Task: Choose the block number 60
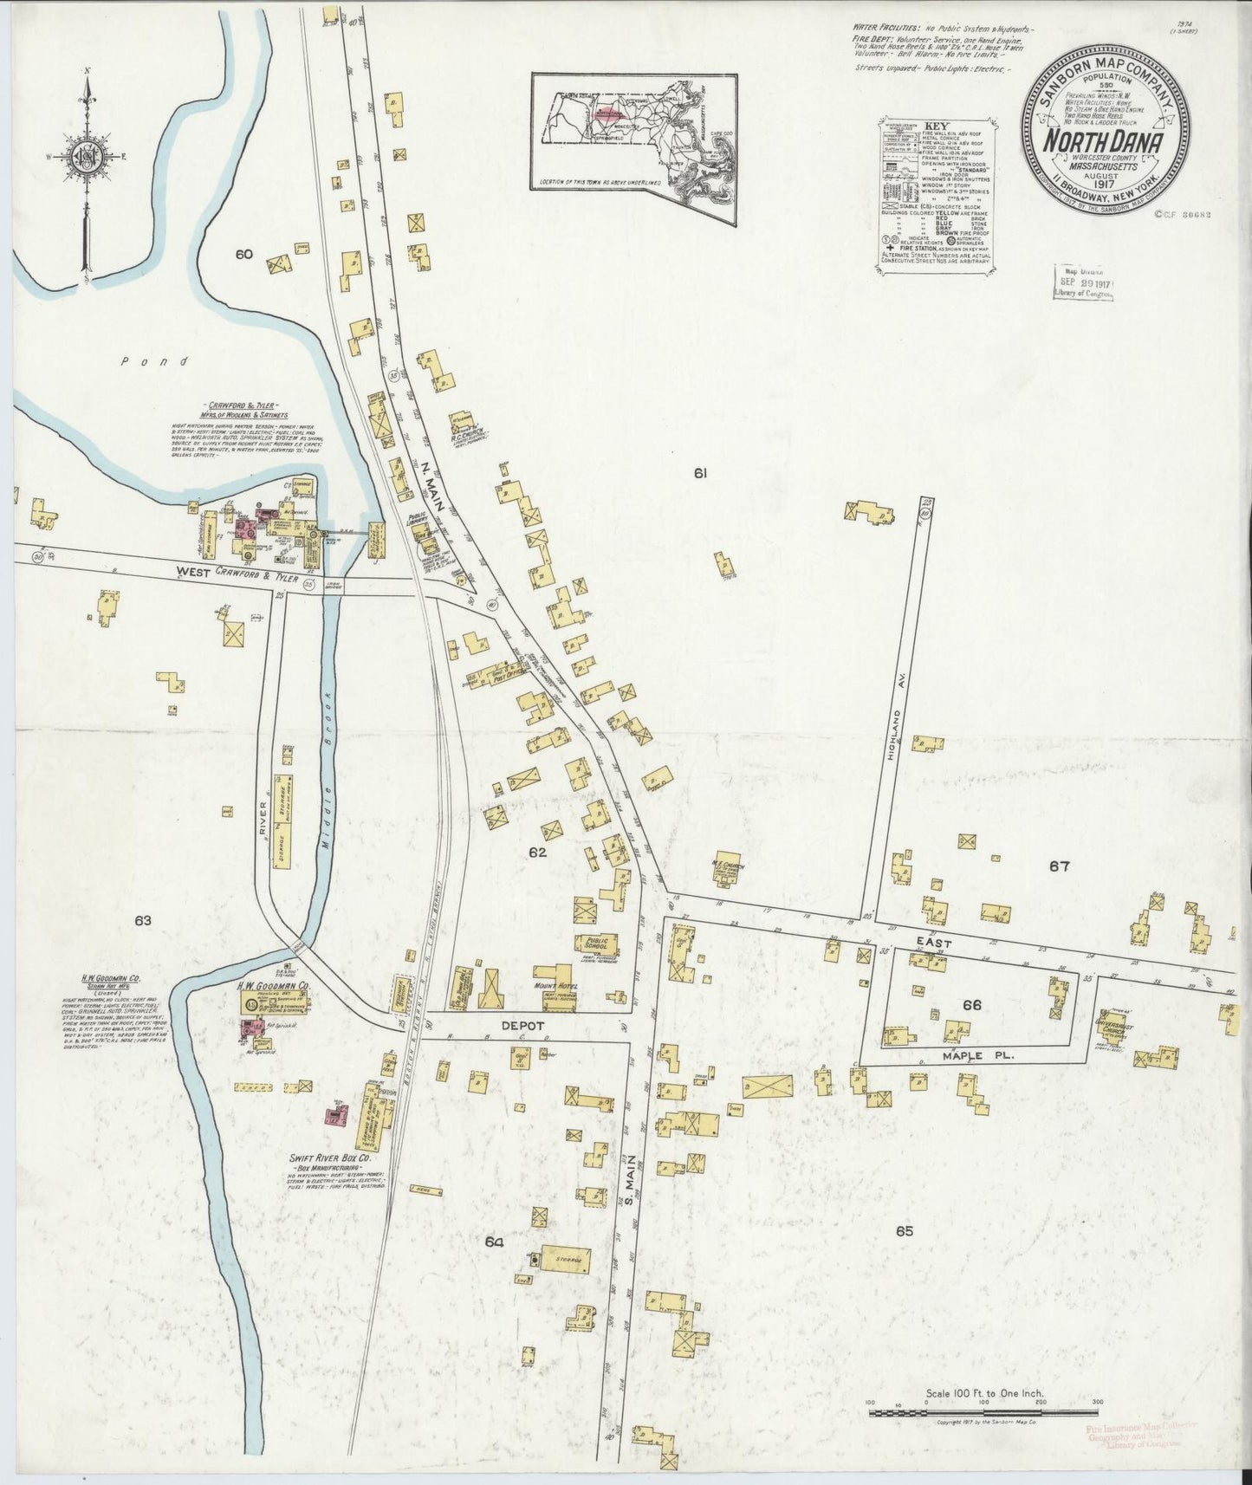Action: pyautogui.click(x=243, y=255)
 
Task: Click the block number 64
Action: pyautogui.click(x=494, y=1242)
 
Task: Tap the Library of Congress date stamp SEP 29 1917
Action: pyautogui.click(x=1083, y=284)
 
